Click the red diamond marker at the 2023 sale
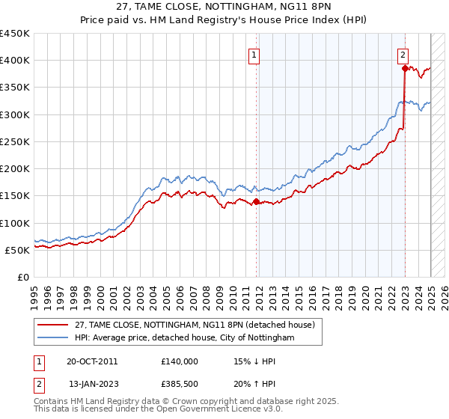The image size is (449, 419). (x=405, y=68)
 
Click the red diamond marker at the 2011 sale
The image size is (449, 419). (x=256, y=201)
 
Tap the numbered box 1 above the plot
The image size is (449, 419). (x=254, y=55)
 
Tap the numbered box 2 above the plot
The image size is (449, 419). (x=403, y=55)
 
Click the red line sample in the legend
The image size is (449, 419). (x=52, y=325)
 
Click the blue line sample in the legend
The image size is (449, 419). (x=52, y=338)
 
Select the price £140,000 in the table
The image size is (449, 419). (x=180, y=361)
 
